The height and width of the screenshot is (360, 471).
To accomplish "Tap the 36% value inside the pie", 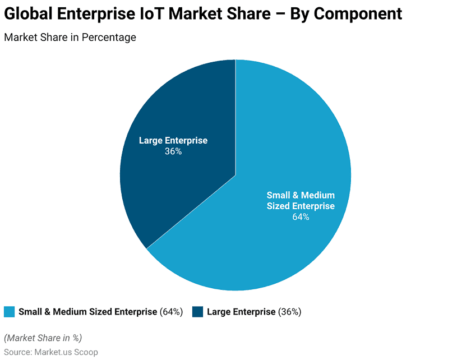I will [173, 151].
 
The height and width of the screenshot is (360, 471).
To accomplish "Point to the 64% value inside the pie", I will [301, 217].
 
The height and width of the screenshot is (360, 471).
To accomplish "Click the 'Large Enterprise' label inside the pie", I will [173, 140].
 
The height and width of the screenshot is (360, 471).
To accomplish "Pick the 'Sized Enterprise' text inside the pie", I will [301, 206].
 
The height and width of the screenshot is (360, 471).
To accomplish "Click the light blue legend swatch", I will [9, 312].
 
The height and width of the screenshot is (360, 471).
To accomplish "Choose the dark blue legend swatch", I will [197, 312].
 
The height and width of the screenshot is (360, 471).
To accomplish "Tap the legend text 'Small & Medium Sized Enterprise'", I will [87, 312].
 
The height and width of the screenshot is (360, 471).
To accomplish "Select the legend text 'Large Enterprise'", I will [241, 312].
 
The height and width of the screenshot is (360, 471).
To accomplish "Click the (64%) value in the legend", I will [171, 312].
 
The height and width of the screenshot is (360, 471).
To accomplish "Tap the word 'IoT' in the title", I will [151, 13].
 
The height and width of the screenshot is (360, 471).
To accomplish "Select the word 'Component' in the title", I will [358, 13].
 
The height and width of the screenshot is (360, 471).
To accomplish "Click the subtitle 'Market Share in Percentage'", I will [70, 38].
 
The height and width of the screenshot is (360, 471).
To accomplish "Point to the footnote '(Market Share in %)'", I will [43, 338].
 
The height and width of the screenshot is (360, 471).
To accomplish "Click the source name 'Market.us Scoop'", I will [66, 352].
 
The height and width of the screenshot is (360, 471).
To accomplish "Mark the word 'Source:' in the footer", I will [18, 352].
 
